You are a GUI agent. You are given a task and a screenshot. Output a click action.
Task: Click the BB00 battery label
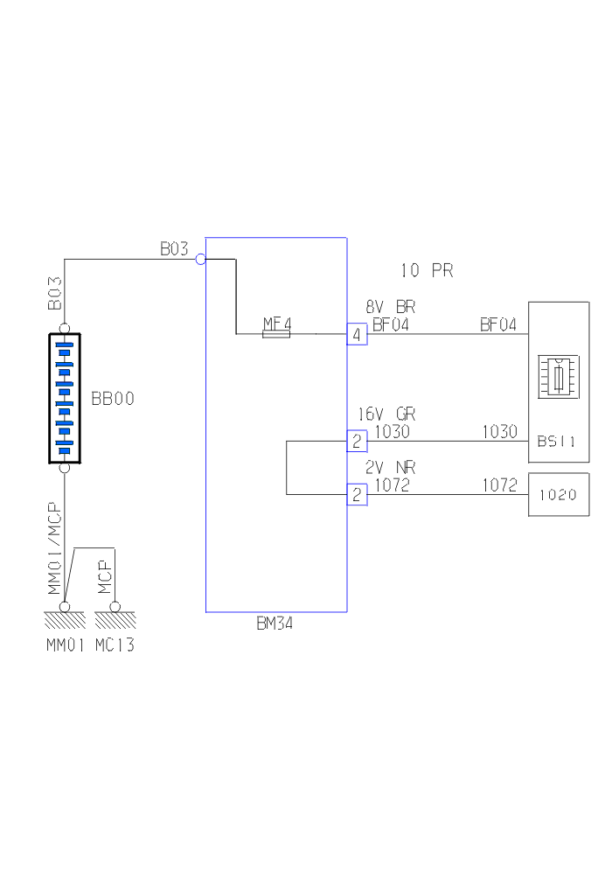click(x=113, y=398)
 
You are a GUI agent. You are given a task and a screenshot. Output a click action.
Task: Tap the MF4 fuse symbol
click(x=276, y=333)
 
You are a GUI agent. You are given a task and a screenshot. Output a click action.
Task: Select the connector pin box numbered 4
click(x=357, y=334)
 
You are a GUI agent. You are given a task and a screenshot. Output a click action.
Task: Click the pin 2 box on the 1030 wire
click(x=357, y=440)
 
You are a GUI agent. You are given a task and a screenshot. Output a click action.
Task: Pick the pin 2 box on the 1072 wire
click(x=357, y=495)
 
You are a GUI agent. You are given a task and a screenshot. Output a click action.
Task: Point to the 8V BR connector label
click(x=390, y=307)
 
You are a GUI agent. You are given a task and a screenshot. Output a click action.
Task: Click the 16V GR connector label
click(x=386, y=414)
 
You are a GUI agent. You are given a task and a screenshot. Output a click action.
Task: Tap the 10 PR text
click(x=427, y=270)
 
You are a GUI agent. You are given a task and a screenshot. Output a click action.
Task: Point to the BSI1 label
click(x=556, y=443)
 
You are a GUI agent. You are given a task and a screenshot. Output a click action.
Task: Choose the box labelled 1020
click(x=558, y=495)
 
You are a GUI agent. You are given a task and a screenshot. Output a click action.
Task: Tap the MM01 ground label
click(x=66, y=646)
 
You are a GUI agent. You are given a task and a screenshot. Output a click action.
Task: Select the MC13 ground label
click(x=115, y=646)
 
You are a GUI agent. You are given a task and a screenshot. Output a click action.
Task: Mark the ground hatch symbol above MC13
click(x=115, y=620)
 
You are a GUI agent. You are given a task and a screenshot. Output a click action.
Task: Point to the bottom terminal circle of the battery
click(x=65, y=468)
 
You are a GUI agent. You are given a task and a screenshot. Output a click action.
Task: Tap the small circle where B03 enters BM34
click(x=200, y=259)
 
